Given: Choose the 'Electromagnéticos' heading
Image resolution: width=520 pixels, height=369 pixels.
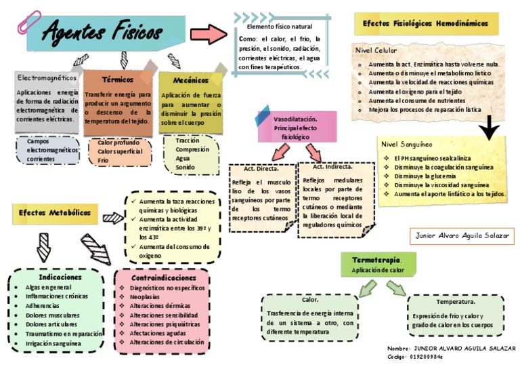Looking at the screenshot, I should [x=45, y=78].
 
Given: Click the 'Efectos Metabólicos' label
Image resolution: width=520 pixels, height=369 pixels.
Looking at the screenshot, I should [x=54, y=213].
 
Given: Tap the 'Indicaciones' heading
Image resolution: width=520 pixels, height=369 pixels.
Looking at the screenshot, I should [x=60, y=277].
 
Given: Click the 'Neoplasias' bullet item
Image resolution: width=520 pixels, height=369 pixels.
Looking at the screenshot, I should [x=146, y=297].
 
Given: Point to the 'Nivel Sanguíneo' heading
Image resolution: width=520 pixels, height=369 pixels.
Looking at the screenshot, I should [x=406, y=144].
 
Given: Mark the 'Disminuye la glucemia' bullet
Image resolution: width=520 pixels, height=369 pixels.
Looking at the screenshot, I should [x=427, y=176].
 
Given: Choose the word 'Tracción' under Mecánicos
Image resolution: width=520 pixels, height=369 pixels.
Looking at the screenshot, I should [x=188, y=140].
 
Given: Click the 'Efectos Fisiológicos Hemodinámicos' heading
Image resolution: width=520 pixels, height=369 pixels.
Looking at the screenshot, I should [x=426, y=23].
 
